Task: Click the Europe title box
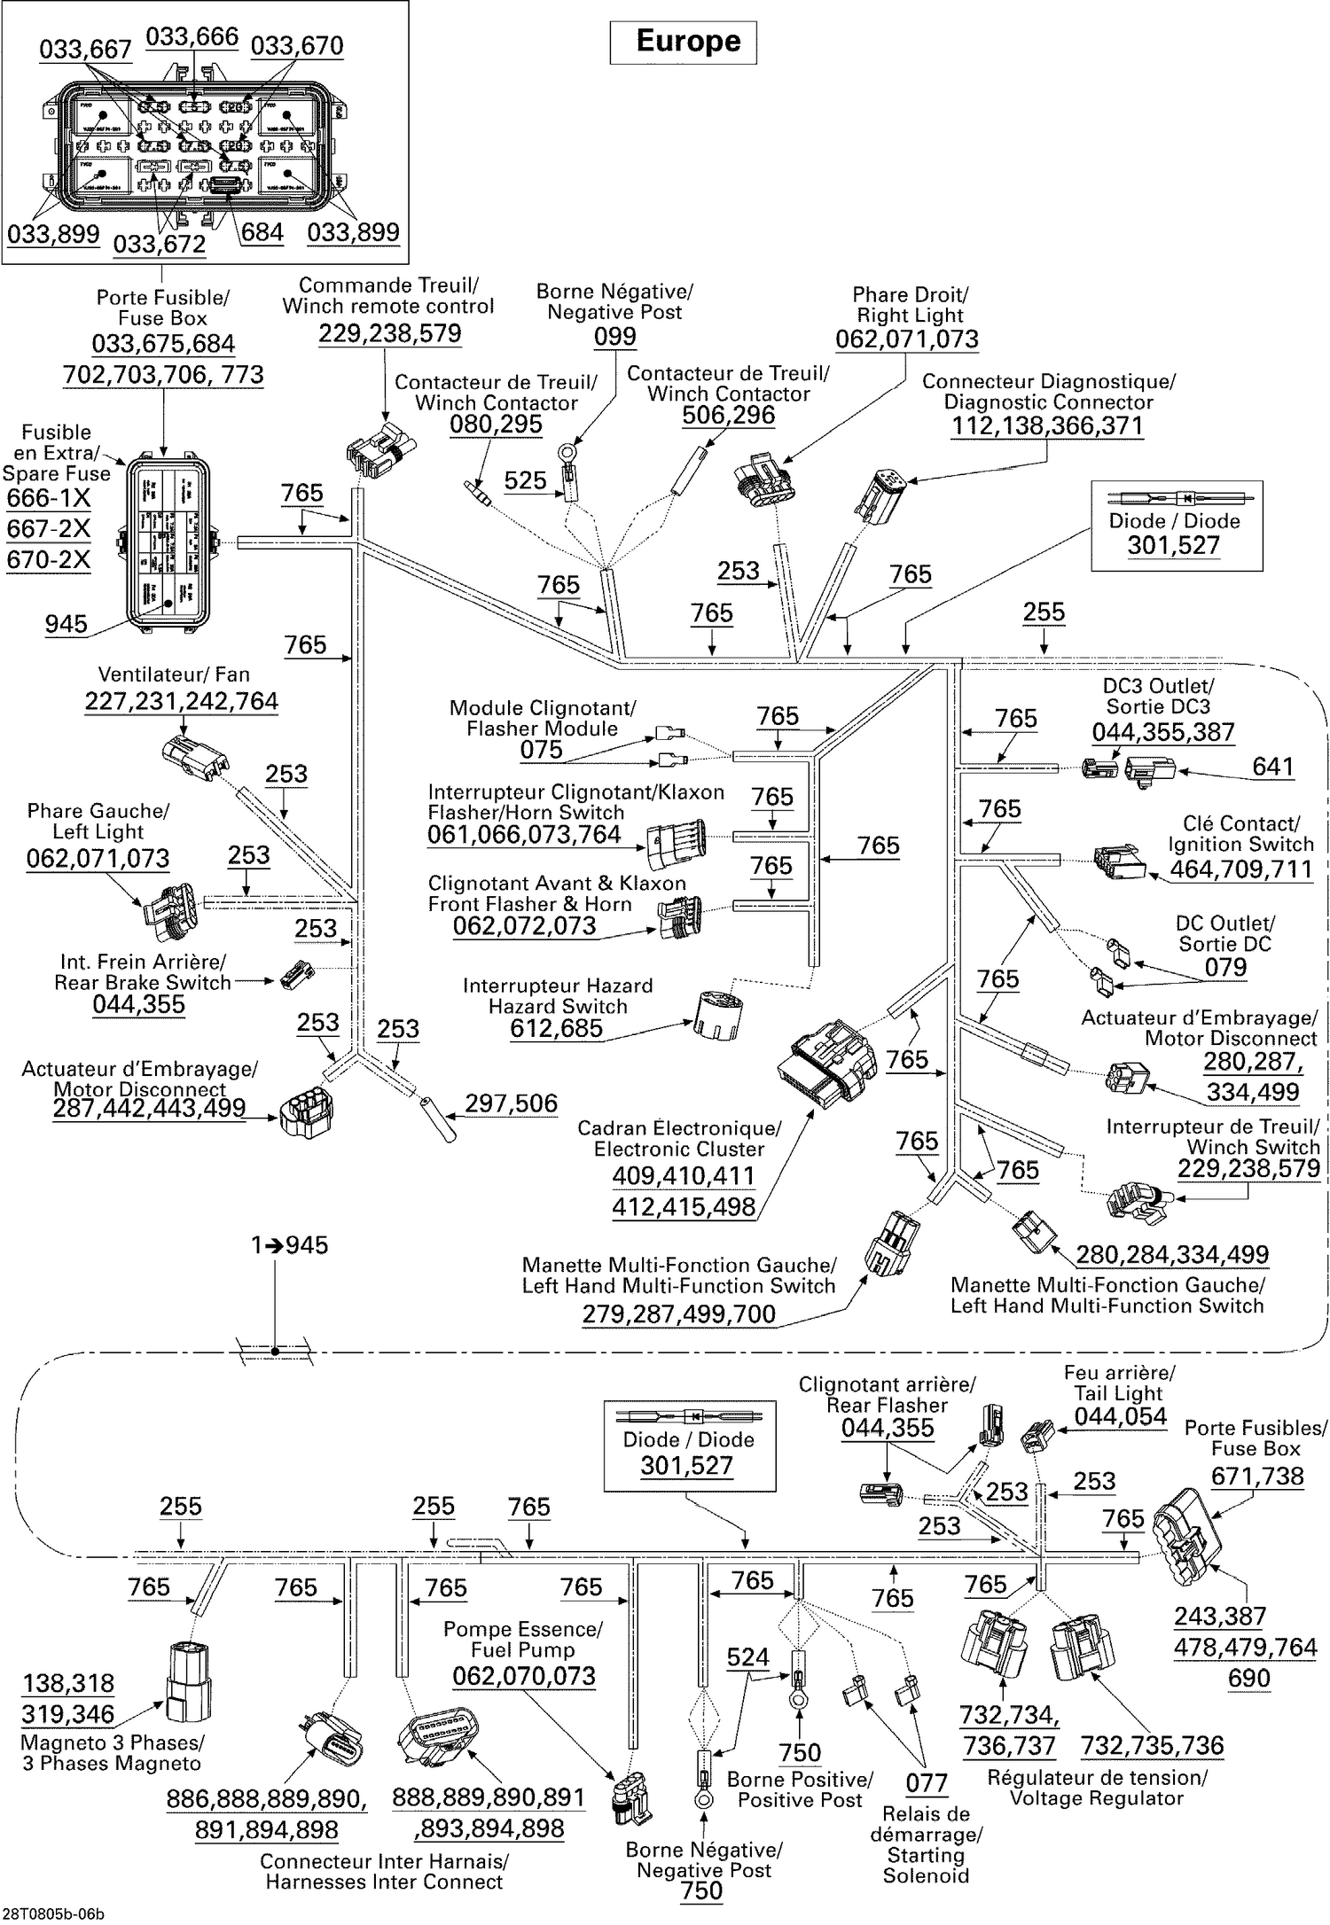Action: click(x=683, y=42)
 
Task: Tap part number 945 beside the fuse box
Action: click(x=66, y=624)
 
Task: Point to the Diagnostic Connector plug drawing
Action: click(x=880, y=493)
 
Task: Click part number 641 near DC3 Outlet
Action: click(x=1272, y=767)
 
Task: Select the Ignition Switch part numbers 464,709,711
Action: click(x=1240, y=869)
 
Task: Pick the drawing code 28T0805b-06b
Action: click(x=53, y=1914)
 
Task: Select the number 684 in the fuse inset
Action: click(x=262, y=232)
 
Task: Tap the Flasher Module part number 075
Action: click(x=541, y=750)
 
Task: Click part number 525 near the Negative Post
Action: click(x=525, y=480)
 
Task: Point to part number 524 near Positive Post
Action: click(x=747, y=1657)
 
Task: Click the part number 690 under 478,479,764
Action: click(x=1248, y=1678)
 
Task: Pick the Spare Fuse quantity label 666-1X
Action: click(x=49, y=498)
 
